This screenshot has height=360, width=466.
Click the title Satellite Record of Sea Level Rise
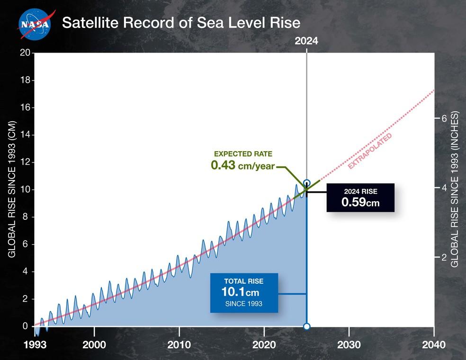click(181, 23)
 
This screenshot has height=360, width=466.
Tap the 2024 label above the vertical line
click(306, 41)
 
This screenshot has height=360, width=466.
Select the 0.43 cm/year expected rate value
click(242, 166)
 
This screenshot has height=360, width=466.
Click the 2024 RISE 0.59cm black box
click(360, 197)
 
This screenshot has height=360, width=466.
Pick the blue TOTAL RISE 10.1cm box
click(244, 293)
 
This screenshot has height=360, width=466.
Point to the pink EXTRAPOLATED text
click(370, 151)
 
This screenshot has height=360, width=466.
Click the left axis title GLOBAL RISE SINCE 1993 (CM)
click(12, 189)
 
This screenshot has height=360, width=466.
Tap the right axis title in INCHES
click(455, 189)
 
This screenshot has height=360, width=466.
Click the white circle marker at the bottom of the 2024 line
click(306, 326)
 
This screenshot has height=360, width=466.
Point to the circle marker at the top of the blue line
click(306, 183)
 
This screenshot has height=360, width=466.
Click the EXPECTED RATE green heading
click(243, 154)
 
